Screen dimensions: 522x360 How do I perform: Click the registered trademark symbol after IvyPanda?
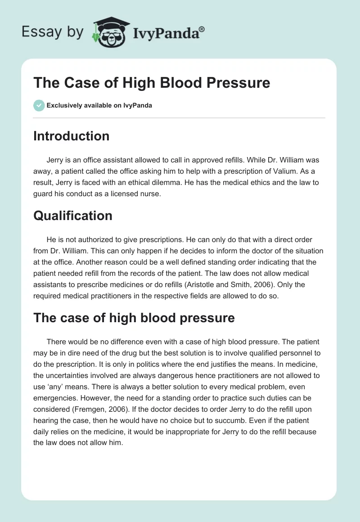pyautogui.click(x=202, y=29)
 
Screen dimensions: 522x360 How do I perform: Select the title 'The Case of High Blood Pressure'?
pyautogui.click(x=152, y=83)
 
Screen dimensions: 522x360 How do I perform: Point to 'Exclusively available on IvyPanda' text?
pyautogui.click(x=99, y=105)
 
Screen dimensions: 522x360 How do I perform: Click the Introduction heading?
pyautogui.click(x=71, y=136)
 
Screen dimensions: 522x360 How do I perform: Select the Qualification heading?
pyautogui.click(x=72, y=216)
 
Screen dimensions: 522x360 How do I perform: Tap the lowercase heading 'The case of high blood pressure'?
pyautogui.click(x=134, y=318)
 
